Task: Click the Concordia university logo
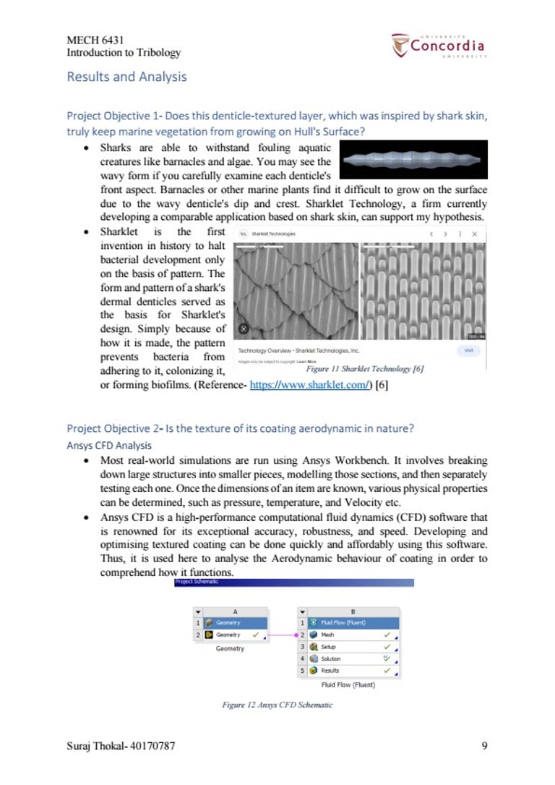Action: coord(439,46)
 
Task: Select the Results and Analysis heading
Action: coord(126,77)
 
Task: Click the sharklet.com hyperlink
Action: coord(309,386)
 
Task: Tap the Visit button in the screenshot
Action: coord(468,350)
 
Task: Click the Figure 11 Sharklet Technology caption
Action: coord(364,368)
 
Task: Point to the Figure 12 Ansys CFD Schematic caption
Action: coord(277,704)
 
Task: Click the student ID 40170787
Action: coord(150,745)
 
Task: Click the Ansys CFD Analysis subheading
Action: coord(108,445)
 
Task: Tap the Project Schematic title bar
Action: coord(294,582)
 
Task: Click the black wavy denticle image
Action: coord(413,160)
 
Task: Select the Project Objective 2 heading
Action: coord(240,428)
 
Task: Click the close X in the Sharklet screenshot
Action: coord(474,234)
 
